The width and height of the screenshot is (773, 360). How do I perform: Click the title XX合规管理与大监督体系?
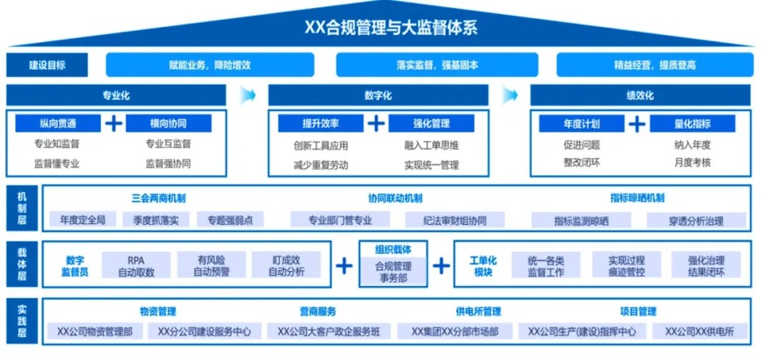386,29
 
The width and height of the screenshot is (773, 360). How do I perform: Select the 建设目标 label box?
47,65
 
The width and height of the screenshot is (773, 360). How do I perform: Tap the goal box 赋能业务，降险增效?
210,65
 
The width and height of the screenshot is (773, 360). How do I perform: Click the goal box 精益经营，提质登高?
654,65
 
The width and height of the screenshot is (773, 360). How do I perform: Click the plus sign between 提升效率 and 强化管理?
376,124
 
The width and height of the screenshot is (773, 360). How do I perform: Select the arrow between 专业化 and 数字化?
248,95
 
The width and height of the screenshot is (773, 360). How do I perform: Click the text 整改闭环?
581,162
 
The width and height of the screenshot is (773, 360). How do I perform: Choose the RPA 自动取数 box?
136,266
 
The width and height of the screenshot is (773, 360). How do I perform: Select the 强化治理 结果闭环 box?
706,266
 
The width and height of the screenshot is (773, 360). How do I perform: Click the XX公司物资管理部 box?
94,331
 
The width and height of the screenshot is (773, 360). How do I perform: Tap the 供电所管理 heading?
478,311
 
